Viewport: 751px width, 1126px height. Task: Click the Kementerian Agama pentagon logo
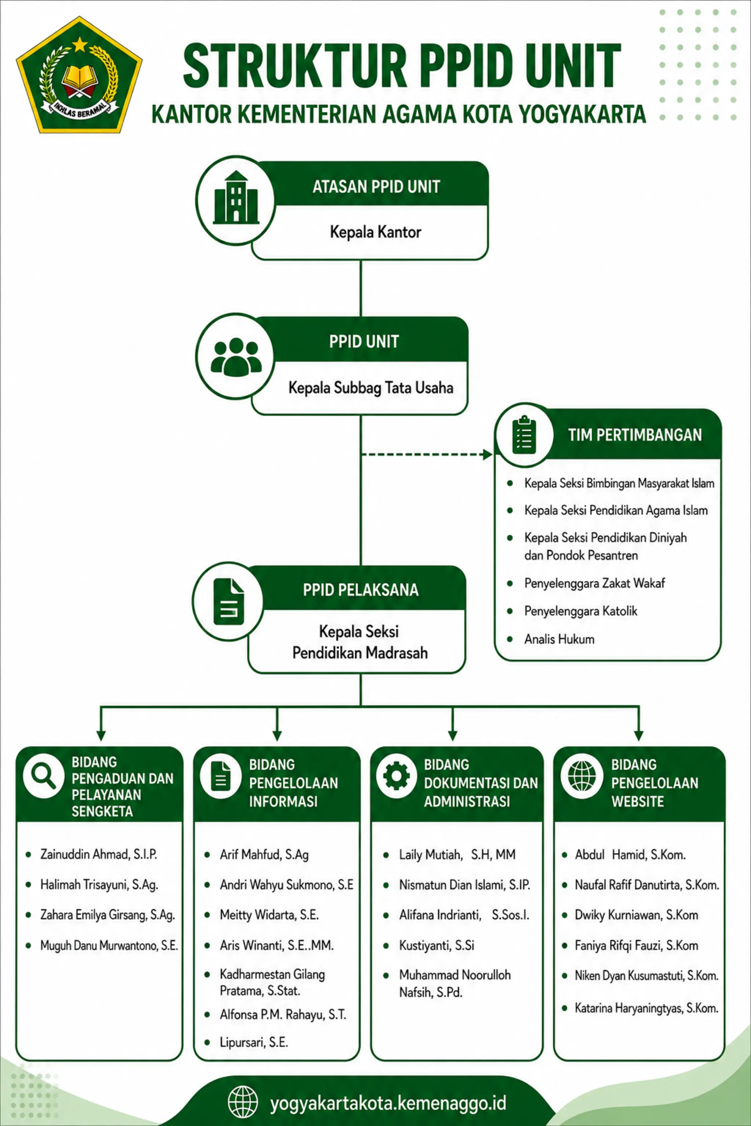(79, 75)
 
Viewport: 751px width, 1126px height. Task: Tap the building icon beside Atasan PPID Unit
(236, 197)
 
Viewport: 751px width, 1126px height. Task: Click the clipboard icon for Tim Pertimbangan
(524, 434)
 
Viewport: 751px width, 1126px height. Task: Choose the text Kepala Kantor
(375, 232)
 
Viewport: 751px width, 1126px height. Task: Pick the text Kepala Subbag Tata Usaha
(371, 387)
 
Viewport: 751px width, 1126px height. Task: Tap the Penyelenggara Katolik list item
(580, 611)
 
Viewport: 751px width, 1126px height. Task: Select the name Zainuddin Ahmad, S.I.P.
(99, 854)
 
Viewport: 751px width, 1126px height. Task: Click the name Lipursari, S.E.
(254, 1042)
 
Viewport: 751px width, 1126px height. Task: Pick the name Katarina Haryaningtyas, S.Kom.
(646, 1008)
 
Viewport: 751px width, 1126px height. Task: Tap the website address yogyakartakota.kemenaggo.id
(388, 1103)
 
